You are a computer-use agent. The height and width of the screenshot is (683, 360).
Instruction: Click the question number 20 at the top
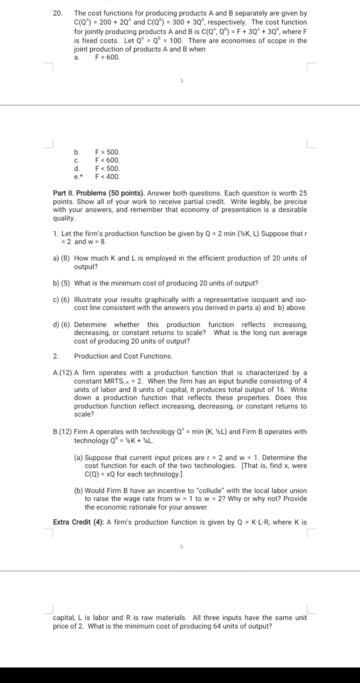click(56, 12)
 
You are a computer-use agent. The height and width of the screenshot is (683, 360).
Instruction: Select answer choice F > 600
click(107, 57)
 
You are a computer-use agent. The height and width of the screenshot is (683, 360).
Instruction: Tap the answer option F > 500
click(107, 151)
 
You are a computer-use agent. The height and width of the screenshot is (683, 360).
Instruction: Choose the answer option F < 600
click(107, 160)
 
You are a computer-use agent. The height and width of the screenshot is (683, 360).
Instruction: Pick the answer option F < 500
click(107, 168)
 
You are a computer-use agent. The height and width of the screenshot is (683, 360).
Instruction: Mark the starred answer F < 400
click(107, 176)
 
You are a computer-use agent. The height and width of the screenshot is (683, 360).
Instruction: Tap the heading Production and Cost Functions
click(123, 356)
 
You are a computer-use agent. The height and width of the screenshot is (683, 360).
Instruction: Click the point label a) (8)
click(61, 258)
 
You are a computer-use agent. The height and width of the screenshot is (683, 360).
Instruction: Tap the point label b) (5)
click(61, 283)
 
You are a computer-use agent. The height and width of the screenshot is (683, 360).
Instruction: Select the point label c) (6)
click(61, 299)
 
